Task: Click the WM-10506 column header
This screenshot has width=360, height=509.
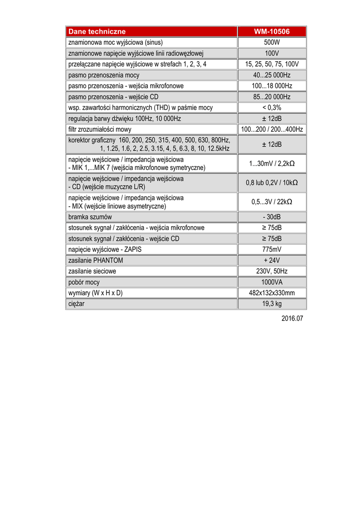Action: click(271, 31)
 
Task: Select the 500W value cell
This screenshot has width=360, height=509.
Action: click(271, 42)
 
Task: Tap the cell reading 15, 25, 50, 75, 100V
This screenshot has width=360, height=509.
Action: click(271, 64)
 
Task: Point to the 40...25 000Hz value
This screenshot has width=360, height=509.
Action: click(271, 75)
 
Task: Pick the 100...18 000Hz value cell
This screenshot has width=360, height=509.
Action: click(271, 86)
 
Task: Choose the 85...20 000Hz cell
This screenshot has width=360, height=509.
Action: click(271, 97)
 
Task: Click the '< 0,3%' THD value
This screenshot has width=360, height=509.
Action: click(271, 107)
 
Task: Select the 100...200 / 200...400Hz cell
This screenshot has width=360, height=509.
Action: click(271, 129)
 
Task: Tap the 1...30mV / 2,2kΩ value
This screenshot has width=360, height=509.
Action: click(271, 164)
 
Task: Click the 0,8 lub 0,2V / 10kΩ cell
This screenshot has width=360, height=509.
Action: click(271, 182)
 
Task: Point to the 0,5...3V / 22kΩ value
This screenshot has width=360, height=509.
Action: click(271, 202)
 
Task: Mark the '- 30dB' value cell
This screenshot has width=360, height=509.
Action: click(271, 217)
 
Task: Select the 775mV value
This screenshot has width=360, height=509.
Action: click(271, 249)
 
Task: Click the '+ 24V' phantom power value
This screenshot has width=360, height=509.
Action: click(271, 260)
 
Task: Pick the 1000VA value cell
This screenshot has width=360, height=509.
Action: click(271, 282)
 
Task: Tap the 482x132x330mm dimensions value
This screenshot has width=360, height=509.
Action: click(271, 293)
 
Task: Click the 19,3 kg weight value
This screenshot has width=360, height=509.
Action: click(271, 303)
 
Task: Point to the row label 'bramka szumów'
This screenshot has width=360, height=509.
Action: click(90, 217)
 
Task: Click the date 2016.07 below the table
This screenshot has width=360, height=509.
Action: click(292, 318)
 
